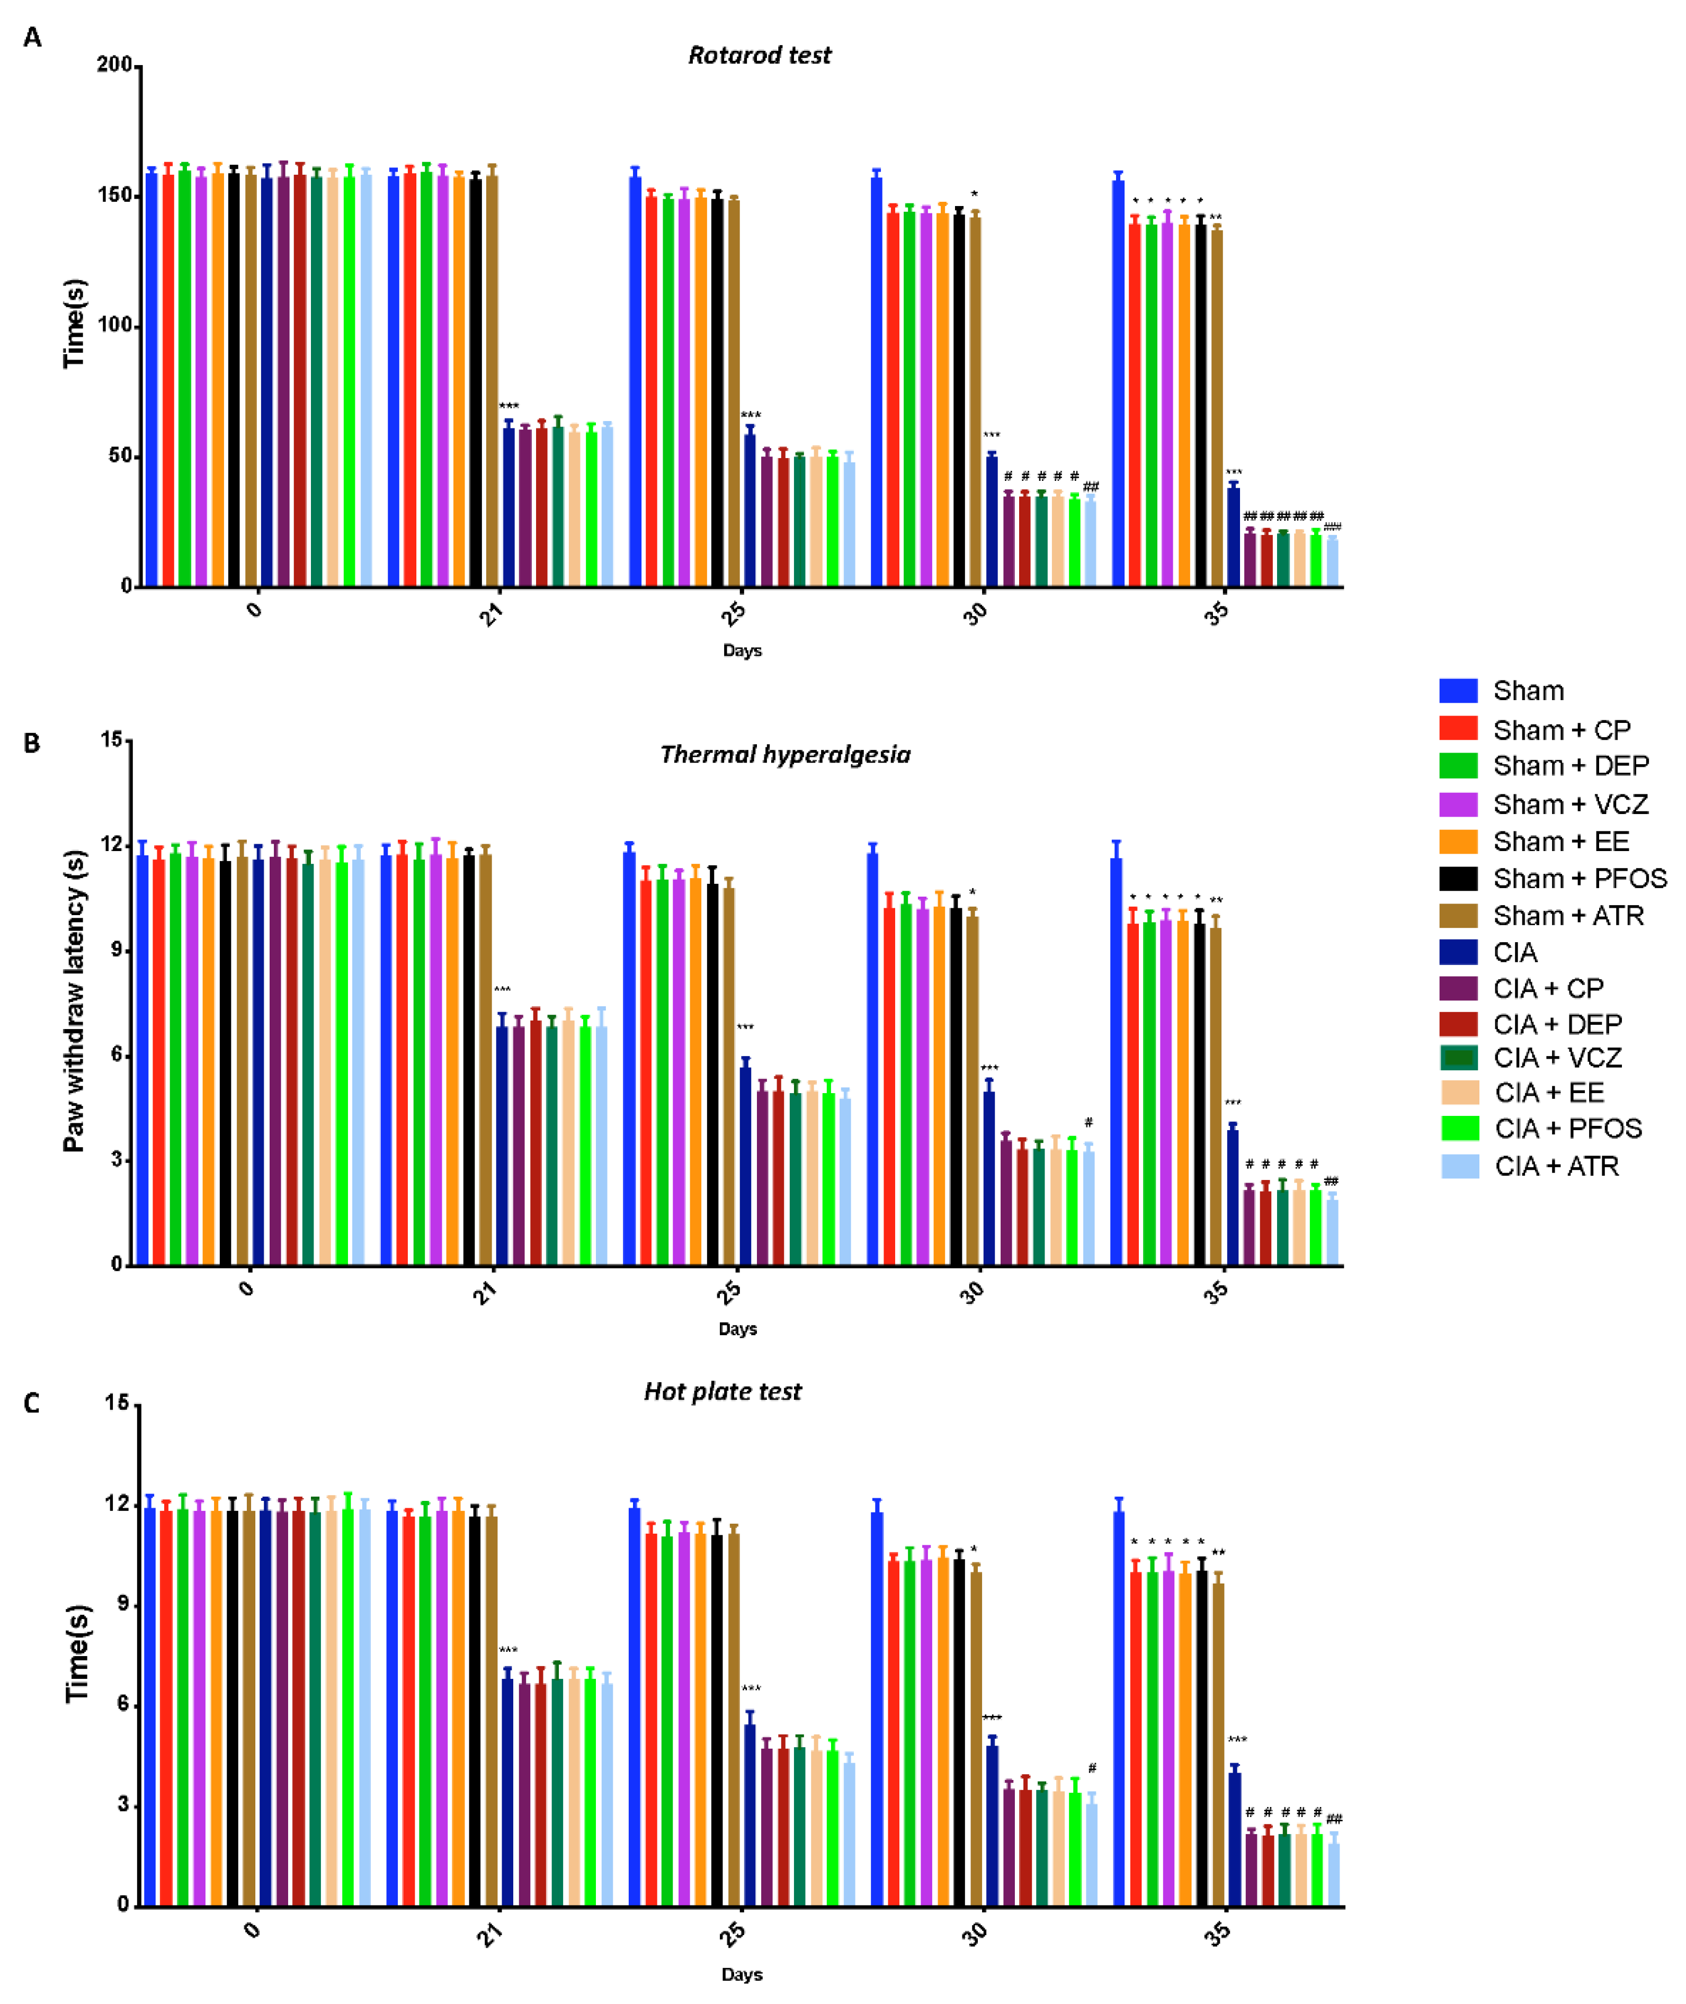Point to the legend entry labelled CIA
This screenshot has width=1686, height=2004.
point(1515,952)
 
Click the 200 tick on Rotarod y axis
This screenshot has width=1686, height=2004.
point(115,65)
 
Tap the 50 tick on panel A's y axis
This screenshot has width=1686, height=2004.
point(120,456)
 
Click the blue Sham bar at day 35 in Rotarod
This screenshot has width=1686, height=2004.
point(1117,382)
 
